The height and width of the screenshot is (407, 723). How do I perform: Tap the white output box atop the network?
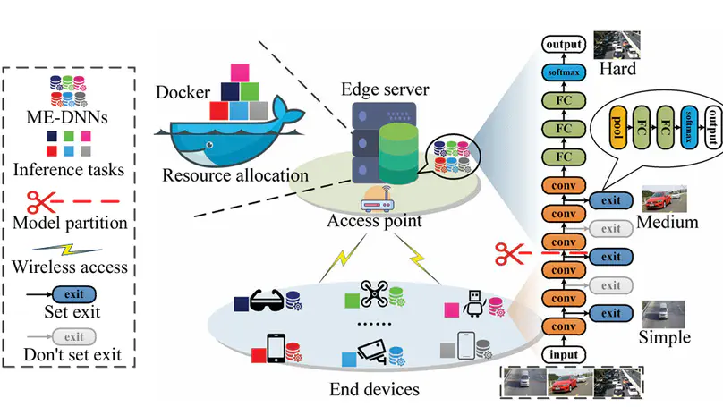point(565,44)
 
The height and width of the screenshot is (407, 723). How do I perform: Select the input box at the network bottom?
point(564,354)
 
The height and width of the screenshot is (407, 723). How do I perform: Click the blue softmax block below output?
point(565,72)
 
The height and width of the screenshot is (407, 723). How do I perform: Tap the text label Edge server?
point(384,90)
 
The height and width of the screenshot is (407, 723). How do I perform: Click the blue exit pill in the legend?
point(74,293)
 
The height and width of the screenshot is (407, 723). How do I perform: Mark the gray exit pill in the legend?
point(74,336)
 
